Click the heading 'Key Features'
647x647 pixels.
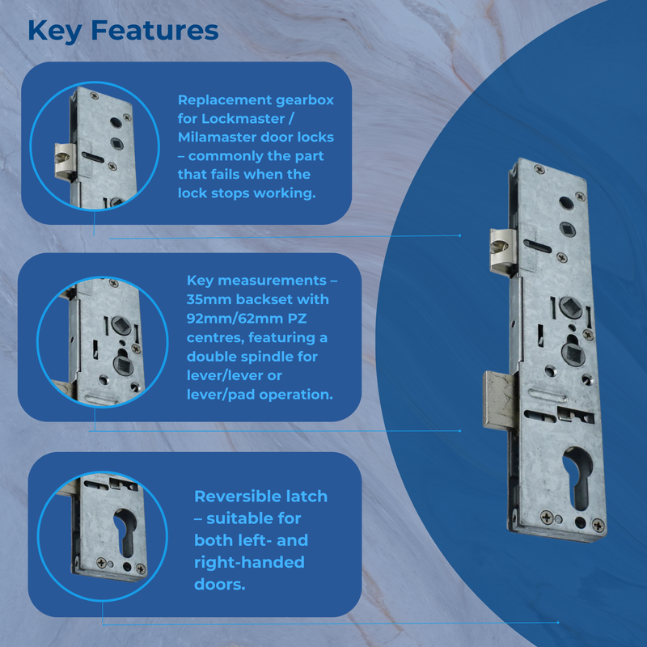[123, 30]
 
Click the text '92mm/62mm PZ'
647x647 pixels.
[256, 318]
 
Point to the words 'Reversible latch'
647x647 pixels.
[260, 497]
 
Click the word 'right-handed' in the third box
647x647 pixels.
[249, 562]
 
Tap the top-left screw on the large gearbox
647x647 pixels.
[535, 170]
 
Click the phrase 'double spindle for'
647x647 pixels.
[252, 357]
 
